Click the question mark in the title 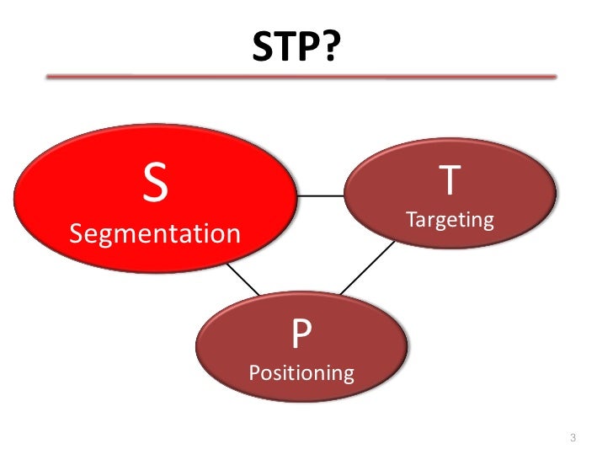pyautogui.click(x=330, y=49)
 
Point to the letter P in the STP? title pyautogui.click(x=307, y=49)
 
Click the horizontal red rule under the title pyautogui.click(x=301, y=77)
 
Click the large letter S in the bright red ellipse pyautogui.click(x=154, y=185)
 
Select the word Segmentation pyautogui.click(x=154, y=233)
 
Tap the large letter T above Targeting pyautogui.click(x=450, y=181)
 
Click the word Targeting pyautogui.click(x=450, y=221)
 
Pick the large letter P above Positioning pyautogui.click(x=301, y=335)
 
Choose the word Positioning pyautogui.click(x=301, y=372)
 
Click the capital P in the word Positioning pyautogui.click(x=254, y=372)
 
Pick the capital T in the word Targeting pyautogui.click(x=411, y=221)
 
